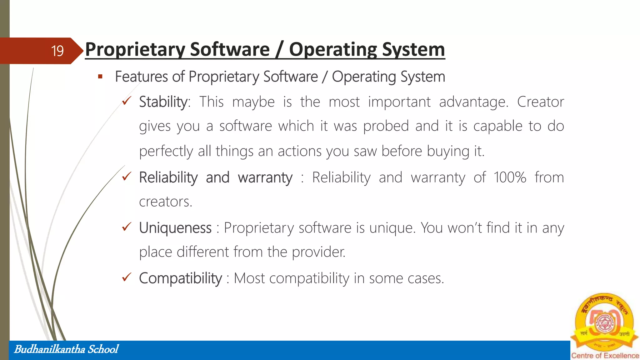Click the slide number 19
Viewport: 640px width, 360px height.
[57, 51]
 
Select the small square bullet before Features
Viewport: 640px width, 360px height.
[100, 77]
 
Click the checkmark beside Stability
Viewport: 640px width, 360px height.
[127, 101]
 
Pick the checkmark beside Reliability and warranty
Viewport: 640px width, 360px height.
[127, 177]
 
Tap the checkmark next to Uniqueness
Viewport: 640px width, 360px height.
[127, 227]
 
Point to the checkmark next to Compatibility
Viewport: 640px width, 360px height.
[127, 277]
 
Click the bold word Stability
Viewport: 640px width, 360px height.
[164, 102]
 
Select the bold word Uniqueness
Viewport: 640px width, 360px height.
[175, 228]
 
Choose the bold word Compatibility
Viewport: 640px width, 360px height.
[180, 278]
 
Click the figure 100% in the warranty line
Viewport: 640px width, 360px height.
[510, 177]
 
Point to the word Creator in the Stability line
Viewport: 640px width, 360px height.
[540, 102]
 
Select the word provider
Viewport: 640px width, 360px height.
[318, 252]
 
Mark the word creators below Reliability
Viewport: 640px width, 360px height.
[165, 202]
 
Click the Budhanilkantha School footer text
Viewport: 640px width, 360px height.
[66, 349]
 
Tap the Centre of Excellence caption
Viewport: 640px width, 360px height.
[605, 356]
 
